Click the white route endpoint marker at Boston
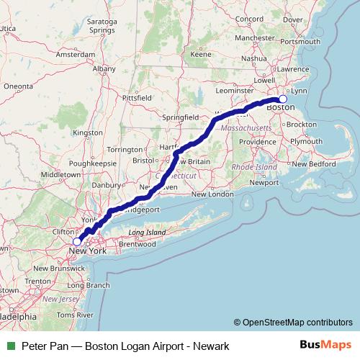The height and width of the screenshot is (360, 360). [283, 99]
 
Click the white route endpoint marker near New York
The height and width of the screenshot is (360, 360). [77, 242]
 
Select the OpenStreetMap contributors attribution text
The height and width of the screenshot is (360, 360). [297, 322]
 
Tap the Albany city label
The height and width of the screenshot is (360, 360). [104, 68]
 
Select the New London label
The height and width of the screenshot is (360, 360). [212, 194]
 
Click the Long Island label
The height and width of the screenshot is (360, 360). [147, 233]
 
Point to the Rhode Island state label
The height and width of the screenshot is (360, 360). [254, 166]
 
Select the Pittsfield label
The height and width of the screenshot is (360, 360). [137, 96]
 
